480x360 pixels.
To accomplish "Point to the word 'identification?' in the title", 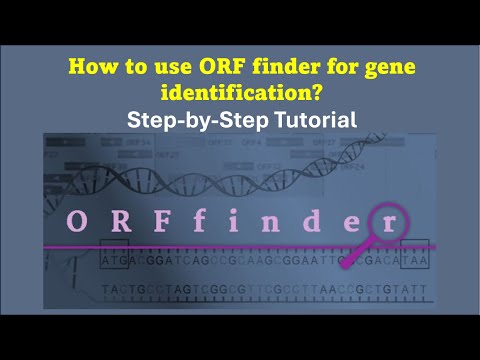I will point(240,93).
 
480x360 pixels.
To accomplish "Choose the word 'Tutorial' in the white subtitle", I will point(318,119).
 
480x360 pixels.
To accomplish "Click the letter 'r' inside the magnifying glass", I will point(387,222).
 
